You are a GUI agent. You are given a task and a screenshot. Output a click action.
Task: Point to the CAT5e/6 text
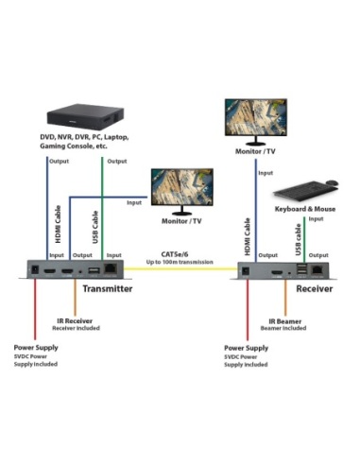pyautogui.click(x=178, y=253)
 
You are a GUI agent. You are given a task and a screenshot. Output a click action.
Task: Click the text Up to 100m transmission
pyautogui.click(x=179, y=262)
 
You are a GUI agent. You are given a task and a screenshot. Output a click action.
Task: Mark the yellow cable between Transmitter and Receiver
pyautogui.click(x=180, y=270)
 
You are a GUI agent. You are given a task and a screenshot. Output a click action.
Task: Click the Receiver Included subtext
pyautogui.click(x=77, y=330)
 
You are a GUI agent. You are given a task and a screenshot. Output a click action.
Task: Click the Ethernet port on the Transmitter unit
pyautogui.click(x=113, y=270)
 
